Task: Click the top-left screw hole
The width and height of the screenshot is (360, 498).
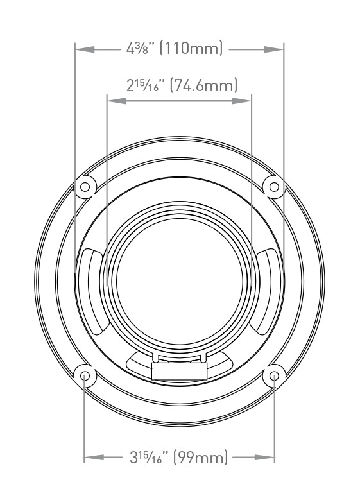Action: (85, 187)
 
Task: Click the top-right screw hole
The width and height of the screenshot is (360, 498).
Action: (274, 187)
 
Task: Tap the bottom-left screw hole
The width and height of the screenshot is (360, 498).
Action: (85, 376)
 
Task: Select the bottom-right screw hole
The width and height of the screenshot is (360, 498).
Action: (274, 376)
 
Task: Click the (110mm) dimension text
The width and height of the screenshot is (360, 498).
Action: (191, 48)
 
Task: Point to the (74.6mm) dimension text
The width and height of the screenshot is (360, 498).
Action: (204, 85)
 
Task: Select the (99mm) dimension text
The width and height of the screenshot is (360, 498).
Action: (201, 458)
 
